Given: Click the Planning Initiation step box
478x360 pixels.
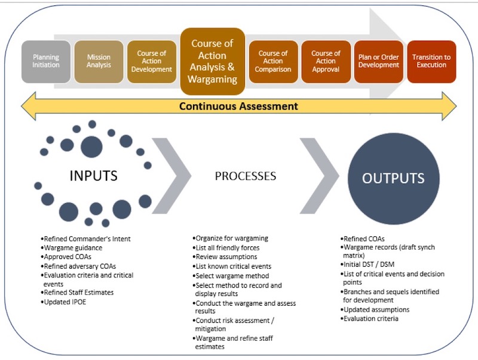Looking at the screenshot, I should tap(46, 62).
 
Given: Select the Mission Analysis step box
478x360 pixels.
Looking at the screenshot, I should tap(99, 62).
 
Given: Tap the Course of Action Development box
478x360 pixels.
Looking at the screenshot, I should tap(152, 62).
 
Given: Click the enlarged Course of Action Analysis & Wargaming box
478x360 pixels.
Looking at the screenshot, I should tap(213, 62).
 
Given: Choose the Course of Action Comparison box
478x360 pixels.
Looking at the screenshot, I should tap(273, 62).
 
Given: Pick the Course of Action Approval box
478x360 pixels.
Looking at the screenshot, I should tap(326, 62).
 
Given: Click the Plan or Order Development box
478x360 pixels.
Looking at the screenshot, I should tap(379, 62).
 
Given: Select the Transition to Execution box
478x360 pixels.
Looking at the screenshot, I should tap(431, 62).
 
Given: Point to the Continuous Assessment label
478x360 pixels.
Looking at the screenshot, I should tap(239, 106).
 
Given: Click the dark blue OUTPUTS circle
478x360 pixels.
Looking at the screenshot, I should tap(393, 178).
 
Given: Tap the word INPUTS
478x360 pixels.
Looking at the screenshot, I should tap(94, 176).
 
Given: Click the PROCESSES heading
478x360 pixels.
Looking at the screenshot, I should tap(246, 176).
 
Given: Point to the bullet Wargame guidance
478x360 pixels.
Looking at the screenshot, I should tap(73, 248).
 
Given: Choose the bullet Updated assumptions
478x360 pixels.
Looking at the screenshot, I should tap(376, 310).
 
